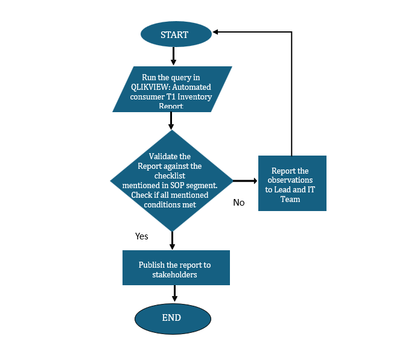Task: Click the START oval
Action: pos(175,34)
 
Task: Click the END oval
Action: pos(172,318)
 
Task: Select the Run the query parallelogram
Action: pos(171,89)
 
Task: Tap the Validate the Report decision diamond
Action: pos(172,180)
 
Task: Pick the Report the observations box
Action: pos(292,183)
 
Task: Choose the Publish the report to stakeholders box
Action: pos(176,268)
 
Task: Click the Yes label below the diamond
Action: pos(142,236)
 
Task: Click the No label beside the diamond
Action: pos(239,203)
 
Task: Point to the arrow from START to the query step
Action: pos(173,55)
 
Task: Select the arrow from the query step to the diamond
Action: pos(171,121)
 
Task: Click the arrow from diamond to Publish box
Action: pos(172,241)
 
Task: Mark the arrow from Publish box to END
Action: pos(175,293)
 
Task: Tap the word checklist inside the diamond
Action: pos(171,175)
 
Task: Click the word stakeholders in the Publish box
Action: pos(174,274)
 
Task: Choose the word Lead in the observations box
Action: pos(283,189)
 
